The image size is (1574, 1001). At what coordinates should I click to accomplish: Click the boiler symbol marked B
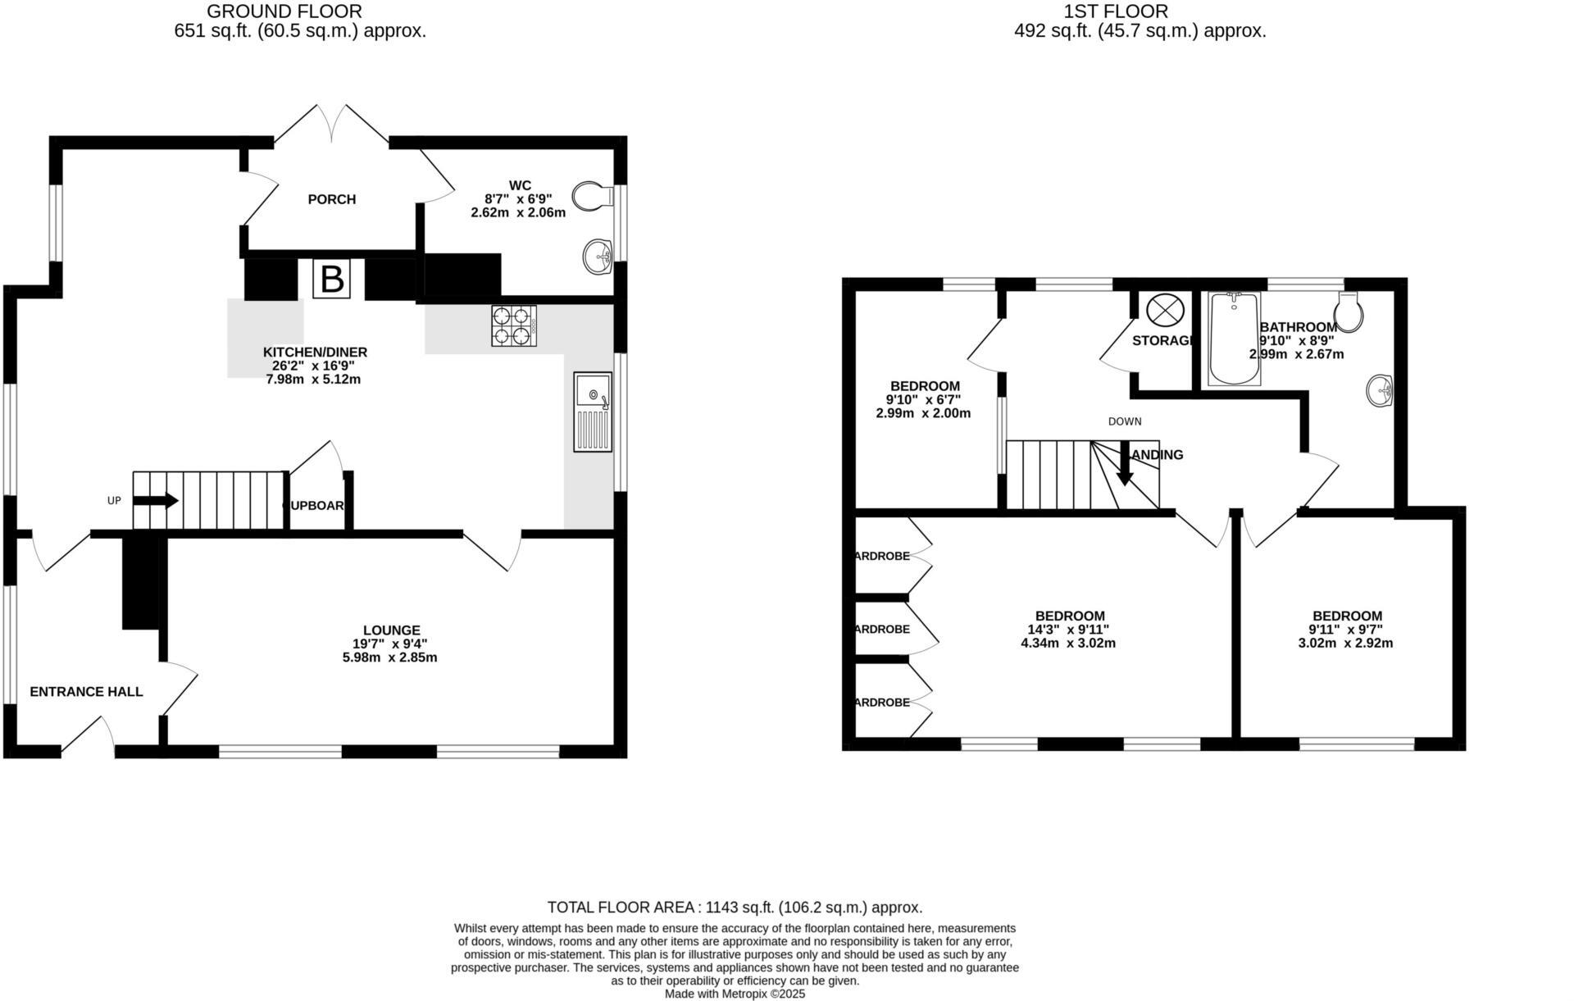tap(332, 280)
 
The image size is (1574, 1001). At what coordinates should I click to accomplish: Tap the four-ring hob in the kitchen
tap(514, 325)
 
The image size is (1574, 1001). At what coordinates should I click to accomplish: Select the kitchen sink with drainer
tap(594, 412)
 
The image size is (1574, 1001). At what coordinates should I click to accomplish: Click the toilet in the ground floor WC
tap(594, 197)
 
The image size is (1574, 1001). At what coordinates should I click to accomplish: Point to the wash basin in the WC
tap(598, 257)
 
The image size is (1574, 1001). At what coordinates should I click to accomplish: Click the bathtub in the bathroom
tap(1234, 339)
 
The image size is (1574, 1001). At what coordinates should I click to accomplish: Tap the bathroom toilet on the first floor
tap(1349, 312)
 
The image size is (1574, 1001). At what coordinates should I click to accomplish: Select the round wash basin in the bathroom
tap(1381, 390)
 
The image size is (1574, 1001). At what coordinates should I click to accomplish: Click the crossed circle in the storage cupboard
tap(1166, 311)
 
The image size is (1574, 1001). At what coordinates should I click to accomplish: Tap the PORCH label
tap(332, 199)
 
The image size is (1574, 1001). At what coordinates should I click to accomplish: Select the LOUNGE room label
tap(391, 630)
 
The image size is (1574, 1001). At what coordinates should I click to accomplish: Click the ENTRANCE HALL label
tap(86, 692)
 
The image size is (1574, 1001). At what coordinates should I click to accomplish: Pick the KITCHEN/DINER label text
tap(315, 353)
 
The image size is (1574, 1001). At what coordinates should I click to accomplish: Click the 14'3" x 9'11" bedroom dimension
tap(1068, 630)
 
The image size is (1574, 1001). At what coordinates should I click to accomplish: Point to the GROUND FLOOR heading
tap(284, 11)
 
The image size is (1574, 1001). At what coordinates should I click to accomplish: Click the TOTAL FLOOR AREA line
tap(735, 908)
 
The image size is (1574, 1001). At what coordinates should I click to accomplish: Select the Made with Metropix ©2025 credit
tap(735, 994)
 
